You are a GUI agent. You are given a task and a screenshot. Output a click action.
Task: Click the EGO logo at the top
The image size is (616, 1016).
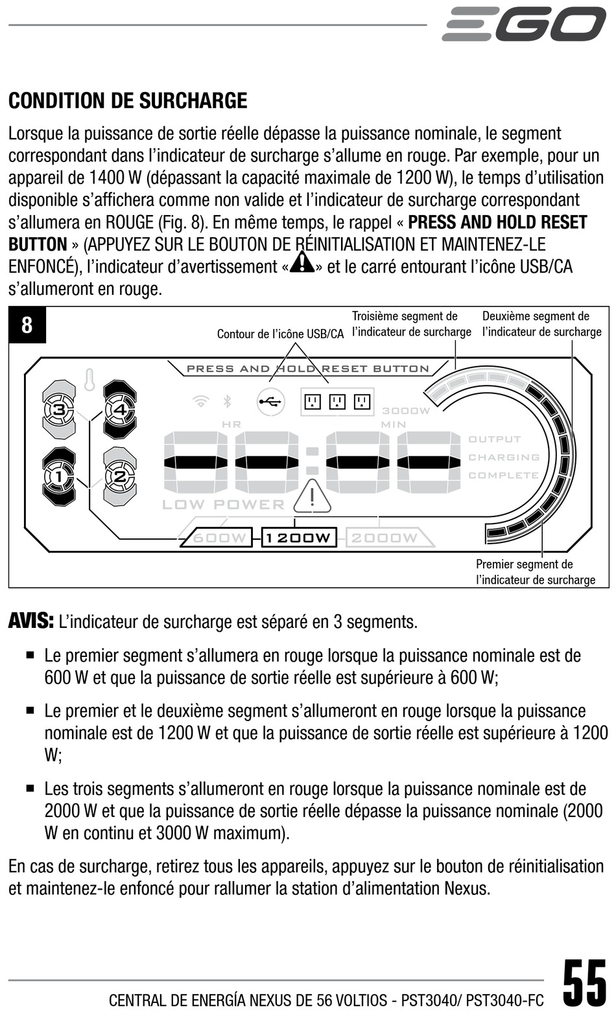click(524, 24)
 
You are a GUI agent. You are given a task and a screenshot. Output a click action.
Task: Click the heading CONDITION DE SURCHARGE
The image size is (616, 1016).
click(128, 101)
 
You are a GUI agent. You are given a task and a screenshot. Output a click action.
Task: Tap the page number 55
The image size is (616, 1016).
click(584, 983)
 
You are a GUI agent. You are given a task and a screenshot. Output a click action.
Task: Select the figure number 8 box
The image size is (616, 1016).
click(27, 325)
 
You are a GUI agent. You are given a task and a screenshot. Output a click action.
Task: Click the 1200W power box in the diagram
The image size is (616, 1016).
click(299, 538)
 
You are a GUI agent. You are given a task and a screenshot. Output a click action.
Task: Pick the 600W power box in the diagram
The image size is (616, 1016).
click(217, 538)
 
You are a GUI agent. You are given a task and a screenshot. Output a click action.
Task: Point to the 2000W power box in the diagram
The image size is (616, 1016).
click(385, 538)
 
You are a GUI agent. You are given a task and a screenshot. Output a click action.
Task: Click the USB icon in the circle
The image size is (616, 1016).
click(270, 402)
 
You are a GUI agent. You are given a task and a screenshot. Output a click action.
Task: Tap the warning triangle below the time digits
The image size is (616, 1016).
click(312, 498)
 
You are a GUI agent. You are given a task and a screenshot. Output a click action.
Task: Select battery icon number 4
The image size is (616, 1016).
click(121, 410)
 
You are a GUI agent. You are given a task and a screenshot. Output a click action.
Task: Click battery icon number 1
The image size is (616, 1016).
click(59, 477)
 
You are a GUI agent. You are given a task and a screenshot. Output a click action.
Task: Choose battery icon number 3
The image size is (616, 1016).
click(59, 410)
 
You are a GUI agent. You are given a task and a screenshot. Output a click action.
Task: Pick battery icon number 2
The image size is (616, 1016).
click(121, 477)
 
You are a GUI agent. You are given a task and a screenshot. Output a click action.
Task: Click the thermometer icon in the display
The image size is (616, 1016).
click(89, 380)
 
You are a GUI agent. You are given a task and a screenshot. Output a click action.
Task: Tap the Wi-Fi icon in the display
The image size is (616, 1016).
click(202, 402)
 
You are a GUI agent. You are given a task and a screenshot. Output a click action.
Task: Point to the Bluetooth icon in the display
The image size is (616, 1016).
click(227, 402)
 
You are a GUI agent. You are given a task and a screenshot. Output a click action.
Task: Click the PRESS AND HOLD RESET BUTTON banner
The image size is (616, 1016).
click(308, 369)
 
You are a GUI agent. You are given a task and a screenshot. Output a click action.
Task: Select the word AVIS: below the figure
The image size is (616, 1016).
click(30, 621)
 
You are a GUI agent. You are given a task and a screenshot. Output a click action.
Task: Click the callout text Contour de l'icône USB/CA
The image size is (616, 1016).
click(280, 334)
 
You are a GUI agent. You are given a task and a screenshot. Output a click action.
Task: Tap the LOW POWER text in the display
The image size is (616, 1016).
click(223, 505)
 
